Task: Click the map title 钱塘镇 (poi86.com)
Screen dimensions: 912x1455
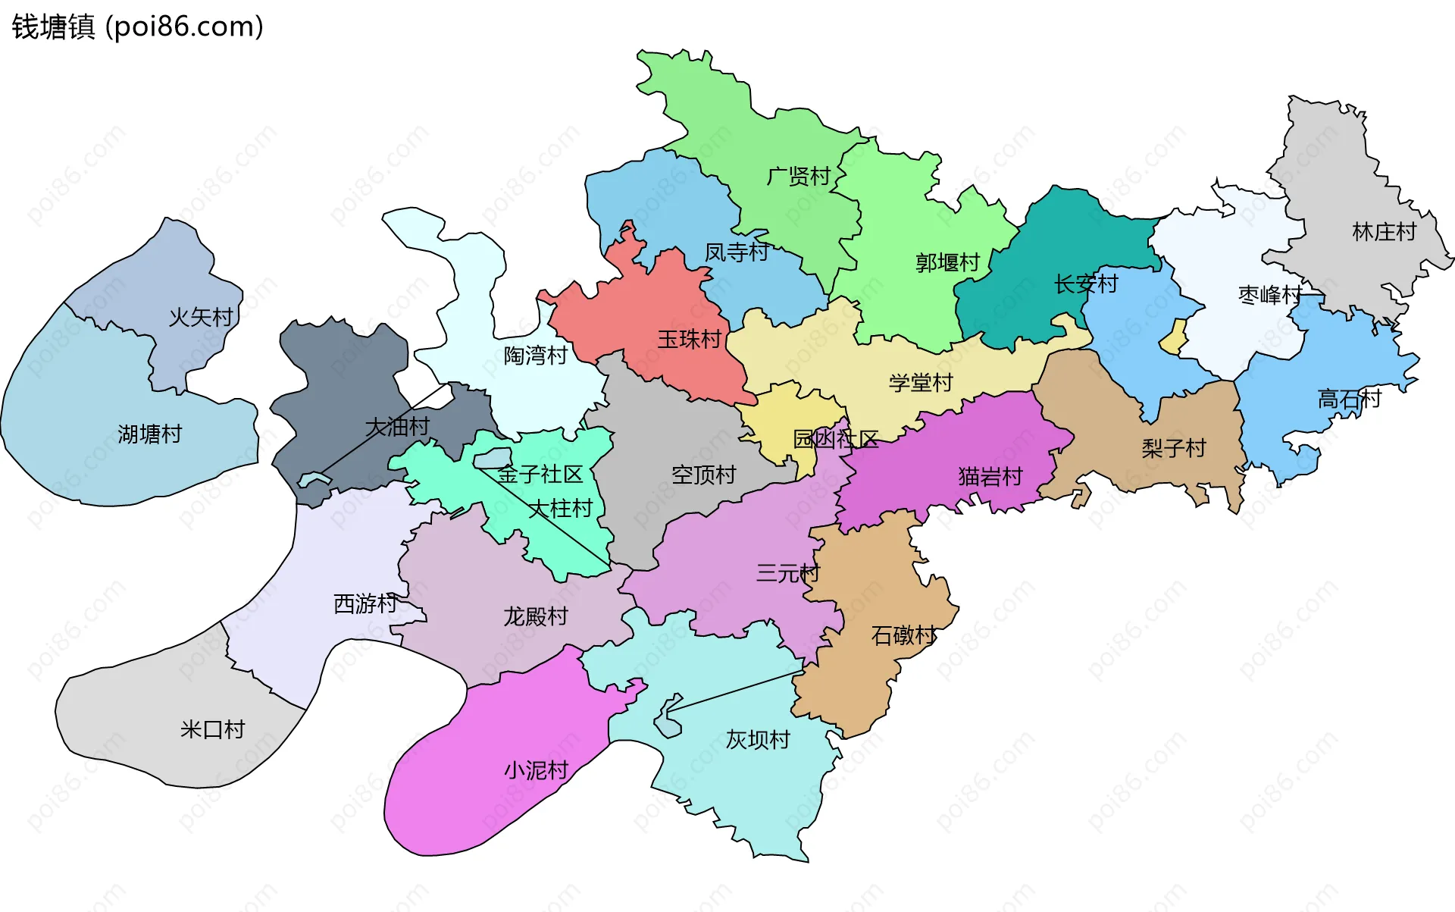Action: (137, 27)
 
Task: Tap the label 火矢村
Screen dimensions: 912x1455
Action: (201, 317)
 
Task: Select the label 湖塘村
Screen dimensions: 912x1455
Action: (150, 434)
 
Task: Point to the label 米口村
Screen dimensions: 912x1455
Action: (213, 729)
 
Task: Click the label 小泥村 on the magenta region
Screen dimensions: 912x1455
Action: (537, 770)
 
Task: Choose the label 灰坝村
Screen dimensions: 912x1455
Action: (758, 739)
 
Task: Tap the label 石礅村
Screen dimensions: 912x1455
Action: (903, 635)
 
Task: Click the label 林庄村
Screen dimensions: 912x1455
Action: (1385, 232)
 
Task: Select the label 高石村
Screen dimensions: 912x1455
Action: (1350, 399)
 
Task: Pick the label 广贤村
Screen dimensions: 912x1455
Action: (799, 177)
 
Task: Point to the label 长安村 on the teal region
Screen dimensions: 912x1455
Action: (1086, 284)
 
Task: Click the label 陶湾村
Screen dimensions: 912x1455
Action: (536, 355)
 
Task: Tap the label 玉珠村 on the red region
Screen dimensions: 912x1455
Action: (689, 339)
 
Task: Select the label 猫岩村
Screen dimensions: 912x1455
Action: (990, 477)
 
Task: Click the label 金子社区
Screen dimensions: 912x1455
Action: (540, 475)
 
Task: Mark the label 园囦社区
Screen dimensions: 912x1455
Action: (835, 439)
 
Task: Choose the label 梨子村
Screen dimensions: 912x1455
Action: (1174, 448)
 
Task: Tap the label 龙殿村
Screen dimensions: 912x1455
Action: (536, 616)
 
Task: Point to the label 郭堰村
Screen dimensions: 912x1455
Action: (947, 263)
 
